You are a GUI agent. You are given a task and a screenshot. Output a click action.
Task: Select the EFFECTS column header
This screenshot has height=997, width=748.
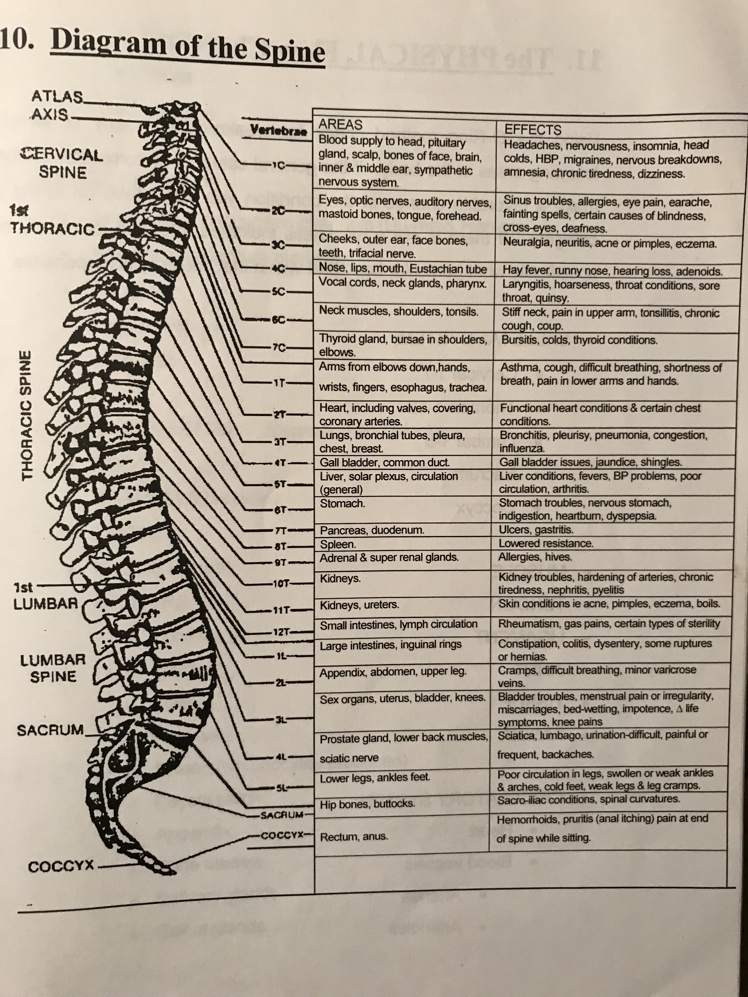[x=533, y=130]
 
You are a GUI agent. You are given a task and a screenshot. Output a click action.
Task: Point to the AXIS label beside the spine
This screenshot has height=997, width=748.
[x=50, y=114]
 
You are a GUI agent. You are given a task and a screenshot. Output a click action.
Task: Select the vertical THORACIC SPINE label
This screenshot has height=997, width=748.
[x=28, y=416]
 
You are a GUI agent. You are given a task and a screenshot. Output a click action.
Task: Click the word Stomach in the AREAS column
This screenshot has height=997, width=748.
[x=342, y=503]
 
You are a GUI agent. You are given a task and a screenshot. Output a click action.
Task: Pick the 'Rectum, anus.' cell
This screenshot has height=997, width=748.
[x=354, y=837]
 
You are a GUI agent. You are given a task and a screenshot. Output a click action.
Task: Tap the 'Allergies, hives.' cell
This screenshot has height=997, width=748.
[x=535, y=557]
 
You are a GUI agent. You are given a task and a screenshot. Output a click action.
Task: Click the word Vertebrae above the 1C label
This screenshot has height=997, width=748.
[x=279, y=131]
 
